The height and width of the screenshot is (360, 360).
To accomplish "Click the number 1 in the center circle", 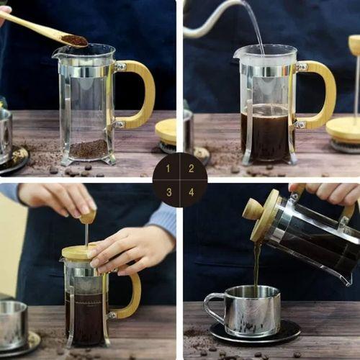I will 169,168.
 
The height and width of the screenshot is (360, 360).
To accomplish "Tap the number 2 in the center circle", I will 191,168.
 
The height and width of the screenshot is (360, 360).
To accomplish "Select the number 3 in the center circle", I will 169,192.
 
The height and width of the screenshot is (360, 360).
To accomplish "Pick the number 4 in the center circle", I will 191,192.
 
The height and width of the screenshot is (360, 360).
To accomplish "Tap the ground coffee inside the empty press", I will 88,149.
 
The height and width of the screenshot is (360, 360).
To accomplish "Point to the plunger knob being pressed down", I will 87,216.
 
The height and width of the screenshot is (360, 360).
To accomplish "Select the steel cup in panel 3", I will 13,324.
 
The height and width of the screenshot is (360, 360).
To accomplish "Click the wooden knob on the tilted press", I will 252,209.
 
